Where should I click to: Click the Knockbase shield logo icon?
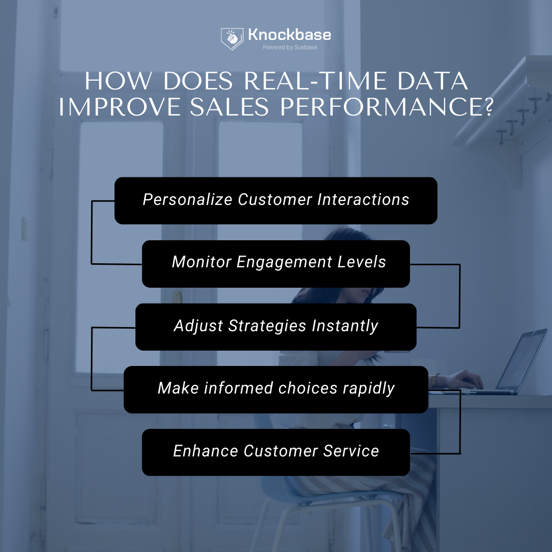(232, 39)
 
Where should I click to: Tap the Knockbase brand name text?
(289, 35)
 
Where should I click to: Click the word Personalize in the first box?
(188, 199)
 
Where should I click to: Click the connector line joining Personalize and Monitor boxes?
(91, 233)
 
